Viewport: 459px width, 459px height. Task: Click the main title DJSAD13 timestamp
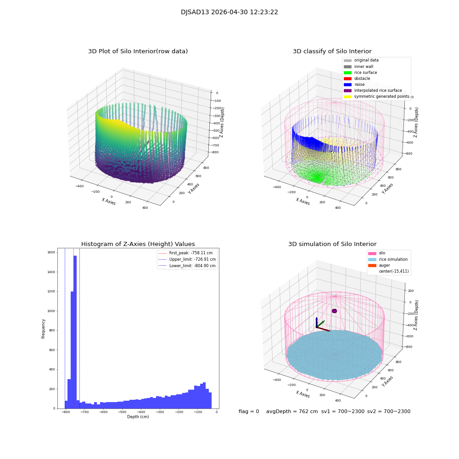[229, 12]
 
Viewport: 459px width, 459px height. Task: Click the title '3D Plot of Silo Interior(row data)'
[138, 51]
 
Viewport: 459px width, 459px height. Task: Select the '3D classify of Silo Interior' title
[332, 51]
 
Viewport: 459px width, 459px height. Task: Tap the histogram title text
[138, 244]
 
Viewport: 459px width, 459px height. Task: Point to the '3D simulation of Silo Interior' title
[332, 244]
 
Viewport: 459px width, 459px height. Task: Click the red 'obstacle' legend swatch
[347, 78]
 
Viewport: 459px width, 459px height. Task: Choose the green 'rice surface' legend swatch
[347, 73]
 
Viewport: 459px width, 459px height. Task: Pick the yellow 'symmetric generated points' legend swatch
[347, 96]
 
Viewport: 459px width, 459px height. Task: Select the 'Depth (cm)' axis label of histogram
[138, 417]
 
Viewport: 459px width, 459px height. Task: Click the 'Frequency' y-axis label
[44, 329]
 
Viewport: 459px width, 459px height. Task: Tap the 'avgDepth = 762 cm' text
[292, 412]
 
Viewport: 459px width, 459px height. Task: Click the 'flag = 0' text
[249, 412]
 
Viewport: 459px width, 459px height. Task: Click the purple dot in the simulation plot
[334, 311]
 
